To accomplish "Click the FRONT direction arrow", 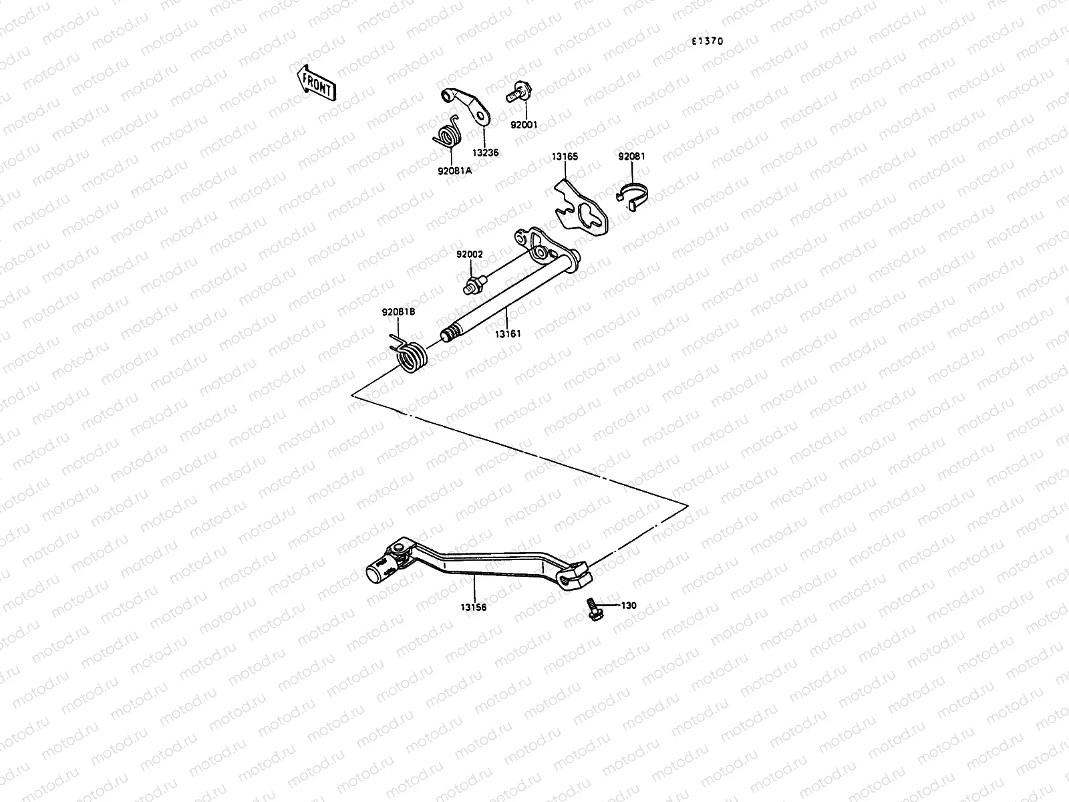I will point(316,82).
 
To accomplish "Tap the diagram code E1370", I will point(707,41).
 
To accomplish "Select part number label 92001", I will point(524,124).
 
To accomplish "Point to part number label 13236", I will point(486,152).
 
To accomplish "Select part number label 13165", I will point(565,157).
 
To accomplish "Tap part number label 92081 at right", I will point(631,156).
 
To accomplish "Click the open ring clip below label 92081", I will point(631,194).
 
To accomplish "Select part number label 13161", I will point(508,333).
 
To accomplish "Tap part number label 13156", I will point(473,608).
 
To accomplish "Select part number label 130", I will point(629,606).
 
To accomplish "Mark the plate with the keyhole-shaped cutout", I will point(582,211).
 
